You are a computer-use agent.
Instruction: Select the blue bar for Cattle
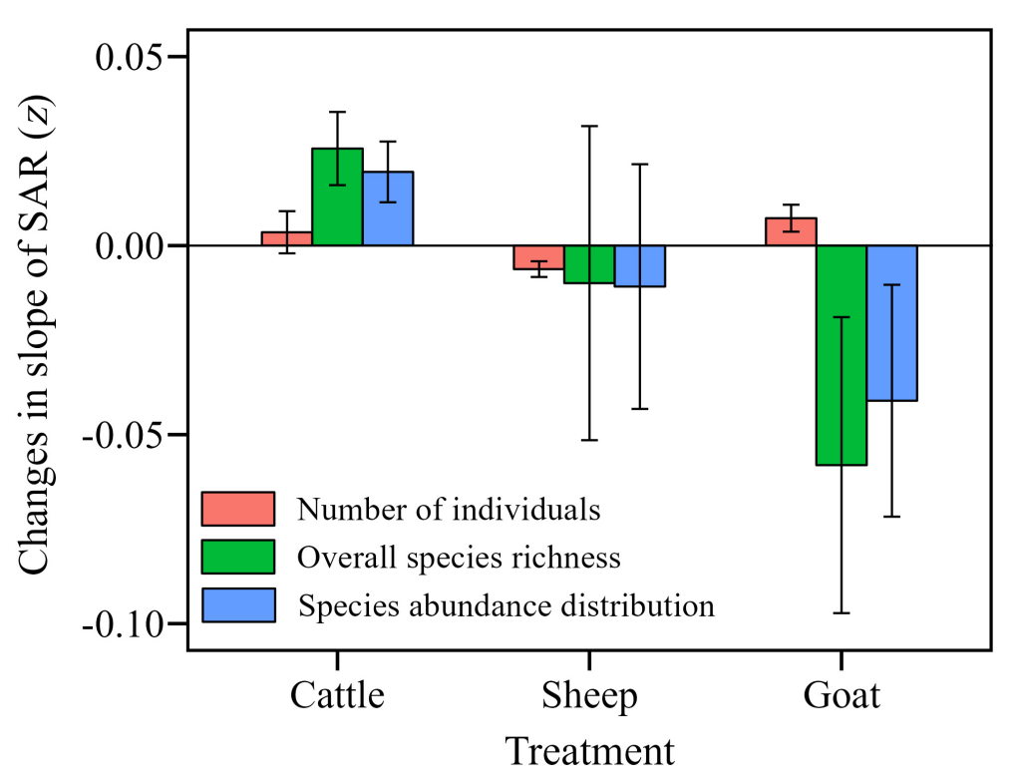[x=388, y=208]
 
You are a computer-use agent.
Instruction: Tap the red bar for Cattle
[x=287, y=238]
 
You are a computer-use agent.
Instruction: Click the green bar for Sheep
[x=589, y=264]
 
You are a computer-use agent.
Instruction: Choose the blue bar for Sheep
[x=640, y=266]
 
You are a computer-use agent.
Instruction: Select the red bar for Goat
[x=791, y=231]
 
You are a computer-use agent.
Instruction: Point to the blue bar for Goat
[x=892, y=323]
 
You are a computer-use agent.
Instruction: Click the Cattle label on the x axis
[x=337, y=695]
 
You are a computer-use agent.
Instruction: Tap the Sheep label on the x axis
[x=589, y=695]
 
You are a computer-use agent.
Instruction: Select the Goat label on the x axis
[x=842, y=695]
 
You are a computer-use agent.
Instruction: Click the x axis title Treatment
[x=588, y=751]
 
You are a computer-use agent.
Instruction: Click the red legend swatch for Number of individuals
[x=238, y=509]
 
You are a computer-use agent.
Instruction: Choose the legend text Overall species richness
[x=459, y=557]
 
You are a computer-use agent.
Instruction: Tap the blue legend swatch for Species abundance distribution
[x=238, y=604]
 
